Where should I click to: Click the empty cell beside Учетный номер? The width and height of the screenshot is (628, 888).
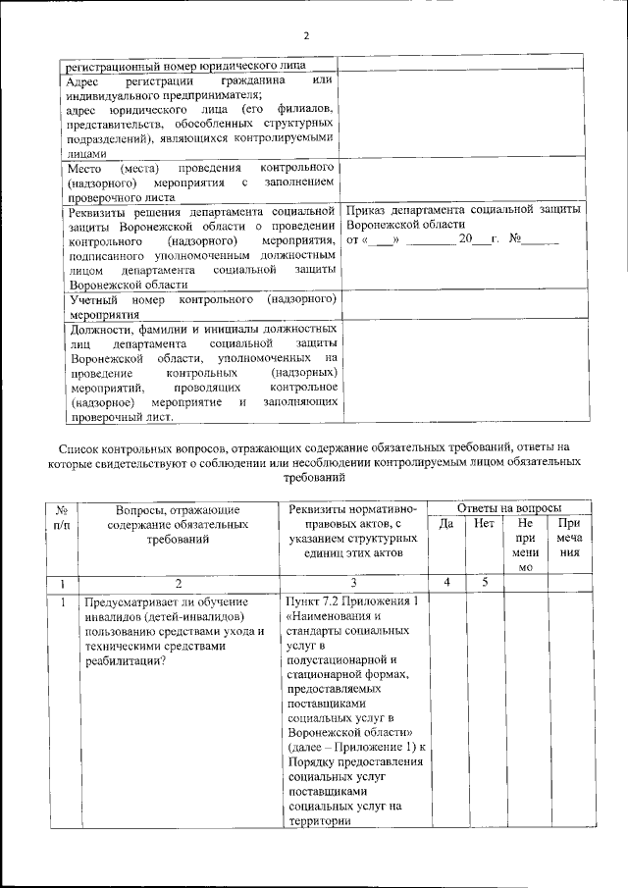tap(461, 305)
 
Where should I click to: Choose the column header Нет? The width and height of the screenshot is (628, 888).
tap(483, 524)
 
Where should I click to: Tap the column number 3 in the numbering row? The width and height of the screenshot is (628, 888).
tap(352, 582)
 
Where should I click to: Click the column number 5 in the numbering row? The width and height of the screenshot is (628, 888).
tap(483, 582)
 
